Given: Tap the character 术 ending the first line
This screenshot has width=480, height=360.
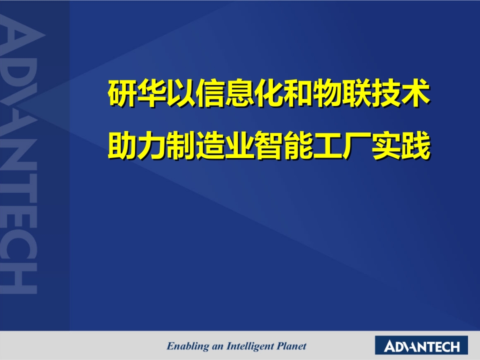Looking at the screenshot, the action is pyautogui.click(x=416, y=93).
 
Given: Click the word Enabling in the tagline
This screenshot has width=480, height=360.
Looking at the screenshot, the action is pyautogui.click(x=188, y=346).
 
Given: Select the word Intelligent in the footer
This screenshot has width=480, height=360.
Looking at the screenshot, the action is pyautogui.click(x=250, y=346).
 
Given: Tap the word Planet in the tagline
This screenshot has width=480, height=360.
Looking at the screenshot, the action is pyautogui.click(x=291, y=346).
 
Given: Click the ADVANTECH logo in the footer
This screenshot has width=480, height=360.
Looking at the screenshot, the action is pyautogui.click(x=421, y=345).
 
